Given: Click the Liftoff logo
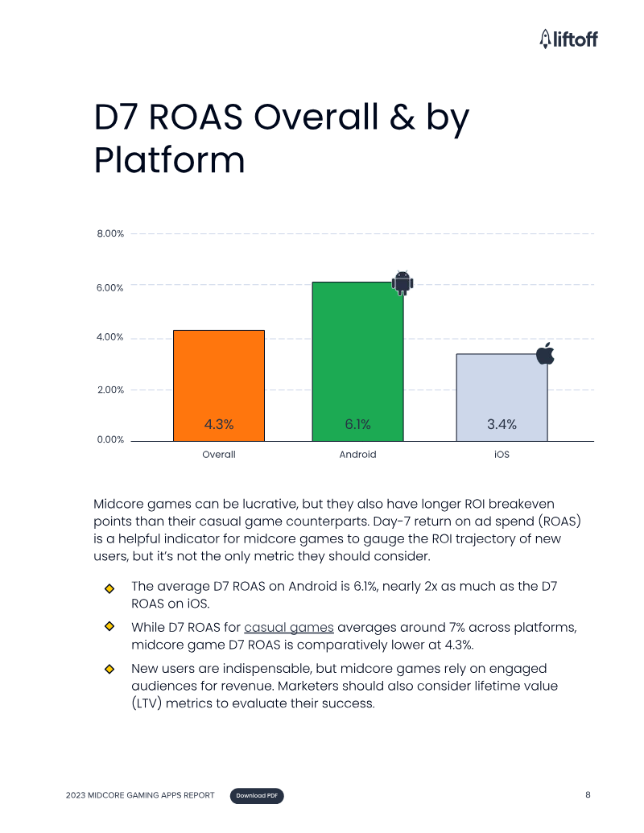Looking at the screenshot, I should (568, 38).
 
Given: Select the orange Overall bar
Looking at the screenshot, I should (219, 378).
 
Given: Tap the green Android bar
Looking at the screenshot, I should (357, 354).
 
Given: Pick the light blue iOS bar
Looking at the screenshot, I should (502, 390).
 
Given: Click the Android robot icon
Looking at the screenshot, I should (402, 282).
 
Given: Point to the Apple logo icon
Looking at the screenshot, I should (545, 353).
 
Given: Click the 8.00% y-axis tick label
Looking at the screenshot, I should (110, 234).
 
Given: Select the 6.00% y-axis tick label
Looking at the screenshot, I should (110, 287).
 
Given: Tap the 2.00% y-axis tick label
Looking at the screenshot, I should (110, 390).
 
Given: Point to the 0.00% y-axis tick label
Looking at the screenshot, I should (110, 439).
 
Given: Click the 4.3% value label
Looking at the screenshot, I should (218, 424).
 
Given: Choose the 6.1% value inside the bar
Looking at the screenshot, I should (357, 424).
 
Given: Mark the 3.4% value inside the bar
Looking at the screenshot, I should (502, 424).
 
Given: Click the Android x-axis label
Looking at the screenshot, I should (357, 455).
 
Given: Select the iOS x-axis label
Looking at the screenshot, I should (502, 455).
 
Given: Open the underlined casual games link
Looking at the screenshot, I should (289, 627).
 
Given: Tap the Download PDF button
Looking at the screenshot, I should (258, 796).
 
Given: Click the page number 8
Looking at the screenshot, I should (588, 795).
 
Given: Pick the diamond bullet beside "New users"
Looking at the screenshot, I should (109, 669).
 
